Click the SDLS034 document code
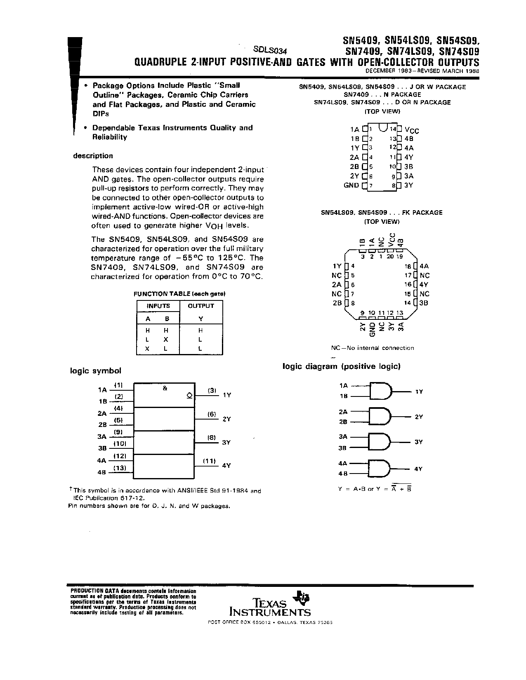click(270, 50)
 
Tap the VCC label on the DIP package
click(411, 130)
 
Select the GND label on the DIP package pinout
click(351, 185)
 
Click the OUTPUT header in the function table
click(201, 306)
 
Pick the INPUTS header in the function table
click(158, 306)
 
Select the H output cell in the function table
click(200, 331)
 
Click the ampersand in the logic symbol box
click(165, 388)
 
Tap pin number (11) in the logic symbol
click(209, 461)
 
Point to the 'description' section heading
click(93, 156)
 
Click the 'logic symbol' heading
click(96, 370)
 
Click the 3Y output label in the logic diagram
click(418, 442)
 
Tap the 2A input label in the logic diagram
click(343, 412)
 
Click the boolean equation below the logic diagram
click(375, 489)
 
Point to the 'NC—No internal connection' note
click(373, 348)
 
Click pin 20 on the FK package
click(390, 256)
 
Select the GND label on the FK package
click(372, 330)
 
